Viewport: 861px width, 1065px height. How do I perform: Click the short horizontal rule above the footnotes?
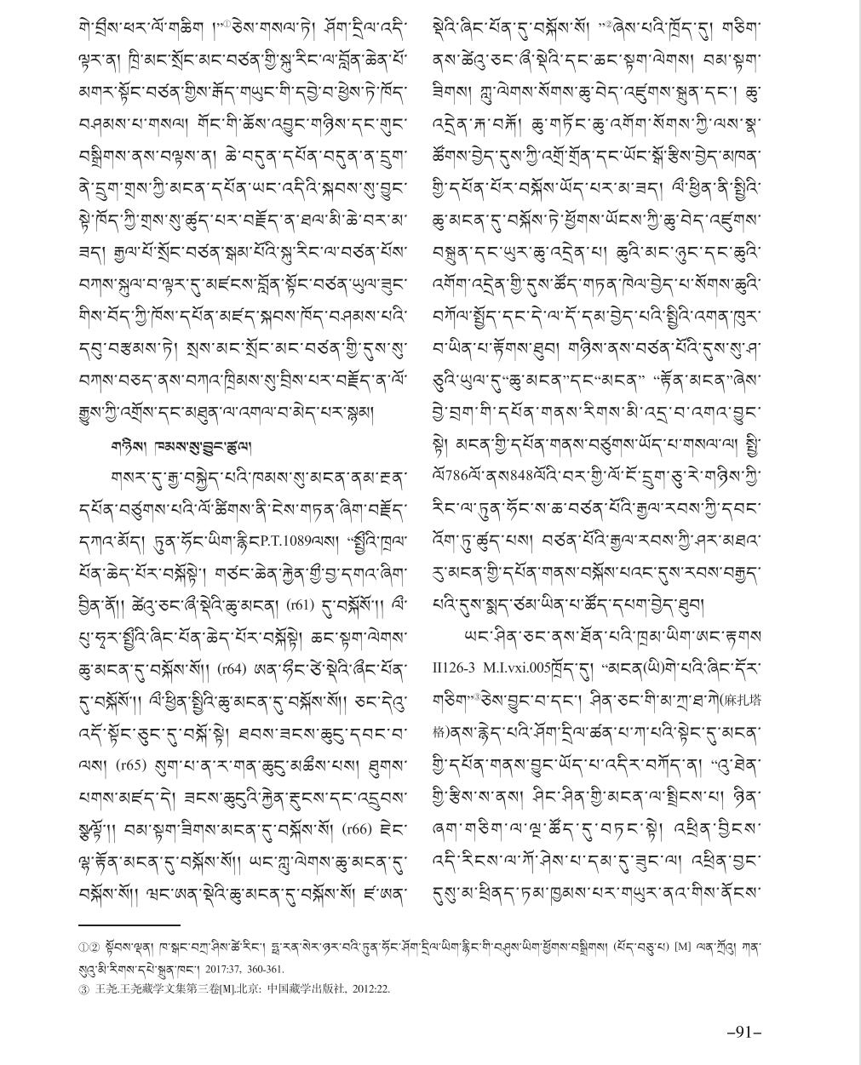click(x=129, y=924)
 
